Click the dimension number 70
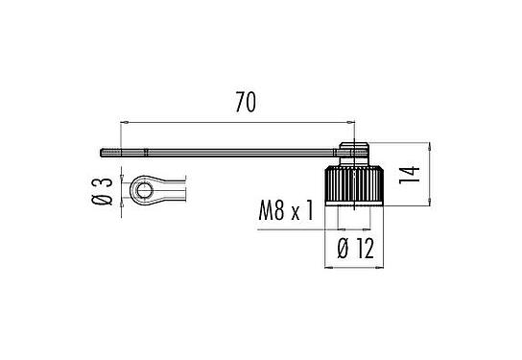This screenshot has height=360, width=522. pos(248,101)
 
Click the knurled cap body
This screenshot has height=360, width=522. pos(358,182)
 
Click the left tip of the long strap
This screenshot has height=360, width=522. pos(103,152)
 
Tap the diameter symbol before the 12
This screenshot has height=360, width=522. pos(342,252)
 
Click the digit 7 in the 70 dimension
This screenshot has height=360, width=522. pos(240,101)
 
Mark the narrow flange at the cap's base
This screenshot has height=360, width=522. pos(358,204)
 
